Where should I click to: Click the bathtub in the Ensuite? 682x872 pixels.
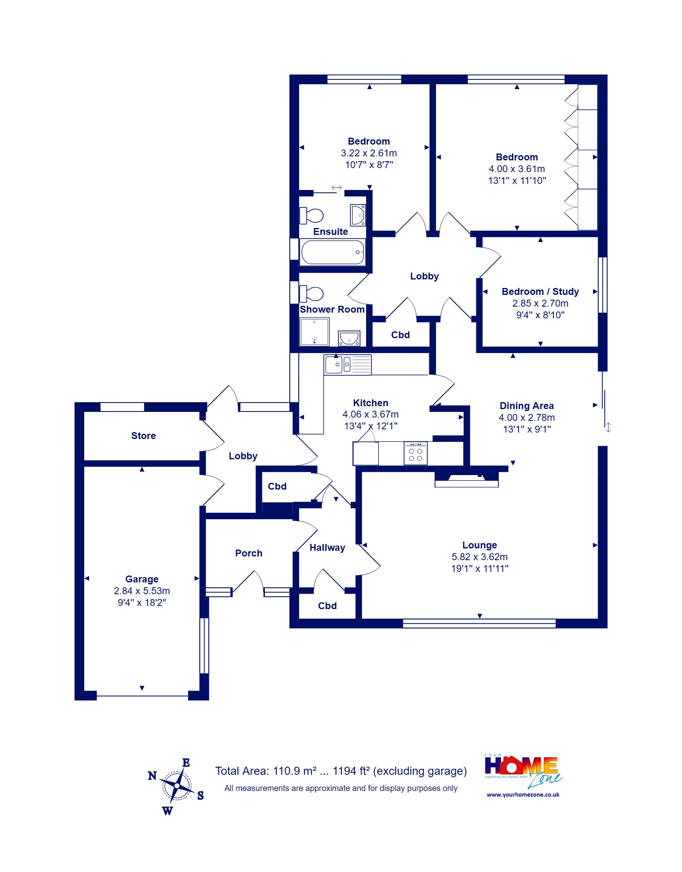point(332,252)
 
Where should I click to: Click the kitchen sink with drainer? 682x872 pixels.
point(347,365)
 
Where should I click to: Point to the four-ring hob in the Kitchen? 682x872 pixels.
point(416,454)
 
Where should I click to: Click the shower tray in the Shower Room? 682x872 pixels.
point(315,332)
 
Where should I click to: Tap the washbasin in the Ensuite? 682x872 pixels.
point(358,215)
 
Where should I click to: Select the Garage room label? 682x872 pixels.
point(142,579)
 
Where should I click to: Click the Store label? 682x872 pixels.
point(143,436)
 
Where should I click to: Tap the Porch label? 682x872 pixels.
point(249,553)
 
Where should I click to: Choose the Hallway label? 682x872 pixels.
point(327,548)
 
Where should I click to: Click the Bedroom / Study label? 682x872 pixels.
point(540,292)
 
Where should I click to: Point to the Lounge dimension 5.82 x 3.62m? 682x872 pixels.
point(480,557)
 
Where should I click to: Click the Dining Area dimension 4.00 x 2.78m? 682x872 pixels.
point(526,418)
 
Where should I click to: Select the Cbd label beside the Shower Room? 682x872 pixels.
point(400,335)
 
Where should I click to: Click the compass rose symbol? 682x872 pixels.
point(177,786)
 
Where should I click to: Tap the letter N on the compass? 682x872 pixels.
point(152,776)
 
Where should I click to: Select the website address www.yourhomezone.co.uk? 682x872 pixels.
point(523,795)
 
